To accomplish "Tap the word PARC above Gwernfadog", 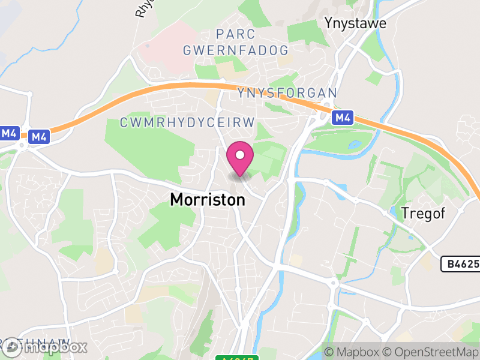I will [236, 34].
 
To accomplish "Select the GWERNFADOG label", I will [236, 50].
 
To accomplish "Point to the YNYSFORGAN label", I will [287, 93].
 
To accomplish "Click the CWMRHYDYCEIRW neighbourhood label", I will [188, 122].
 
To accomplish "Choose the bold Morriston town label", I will [208, 200].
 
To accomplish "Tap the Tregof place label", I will [424, 214].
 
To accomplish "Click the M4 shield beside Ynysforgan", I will [343, 118].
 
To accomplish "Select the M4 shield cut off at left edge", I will [8, 133].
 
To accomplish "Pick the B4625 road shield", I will [460, 264].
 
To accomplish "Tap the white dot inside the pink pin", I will [240, 155].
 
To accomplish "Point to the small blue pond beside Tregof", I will [394, 212].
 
